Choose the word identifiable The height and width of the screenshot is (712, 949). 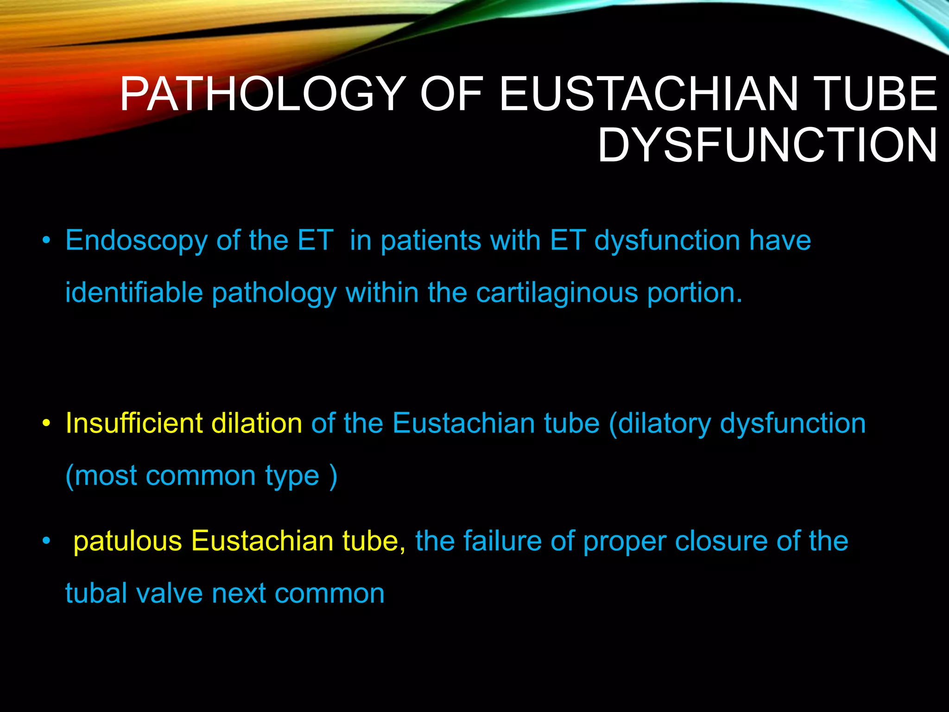click(x=134, y=293)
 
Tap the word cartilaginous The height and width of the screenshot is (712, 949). click(x=557, y=293)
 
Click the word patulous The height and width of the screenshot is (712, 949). click(x=127, y=541)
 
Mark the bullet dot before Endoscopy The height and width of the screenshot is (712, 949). click(x=46, y=241)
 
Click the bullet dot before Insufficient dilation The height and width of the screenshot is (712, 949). click(x=46, y=424)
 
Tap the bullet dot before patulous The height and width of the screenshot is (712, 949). click(x=46, y=541)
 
